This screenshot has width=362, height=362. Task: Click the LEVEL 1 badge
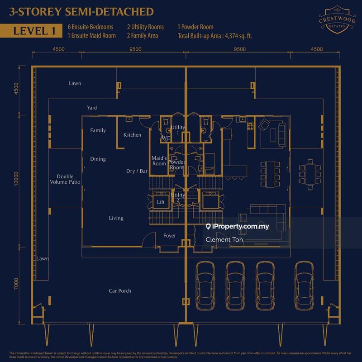[32, 31]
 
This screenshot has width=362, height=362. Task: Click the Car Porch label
[120, 291]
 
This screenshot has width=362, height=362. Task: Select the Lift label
[160, 202]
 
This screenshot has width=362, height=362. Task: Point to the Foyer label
[169, 236]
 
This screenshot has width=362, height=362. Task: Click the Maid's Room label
[159, 161]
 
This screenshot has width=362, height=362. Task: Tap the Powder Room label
[176, 165]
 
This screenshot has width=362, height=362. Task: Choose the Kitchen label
[132, 135]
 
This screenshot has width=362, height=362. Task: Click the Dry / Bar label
[137, 171]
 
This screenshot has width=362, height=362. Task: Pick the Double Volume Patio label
[68, 179]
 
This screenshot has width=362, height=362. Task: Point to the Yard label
[92, 108]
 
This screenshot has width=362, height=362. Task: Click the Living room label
[116, 219]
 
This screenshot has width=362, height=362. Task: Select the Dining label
[98, 159]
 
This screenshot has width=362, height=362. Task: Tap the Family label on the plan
[98, 131]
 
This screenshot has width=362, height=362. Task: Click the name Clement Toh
[224, 240]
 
